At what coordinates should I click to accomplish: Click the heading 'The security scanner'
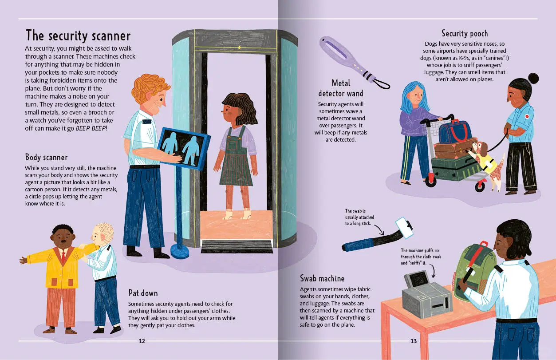[78, 36]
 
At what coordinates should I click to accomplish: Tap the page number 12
[142, 341]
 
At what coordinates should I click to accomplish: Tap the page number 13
[413, 341]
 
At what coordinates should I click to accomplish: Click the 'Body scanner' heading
[46, 157]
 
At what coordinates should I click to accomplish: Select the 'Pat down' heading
[143, 293]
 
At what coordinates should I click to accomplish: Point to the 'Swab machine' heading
[322, 278]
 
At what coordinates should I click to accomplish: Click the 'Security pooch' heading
[465, 34]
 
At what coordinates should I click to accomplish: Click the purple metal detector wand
[354, 62]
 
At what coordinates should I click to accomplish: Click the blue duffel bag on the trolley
[455, 131]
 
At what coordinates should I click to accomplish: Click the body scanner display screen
[184, 148]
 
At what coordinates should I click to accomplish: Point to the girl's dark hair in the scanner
[240, 107]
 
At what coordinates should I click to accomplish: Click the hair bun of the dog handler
[533, 79]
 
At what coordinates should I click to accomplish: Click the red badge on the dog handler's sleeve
[527, 116]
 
